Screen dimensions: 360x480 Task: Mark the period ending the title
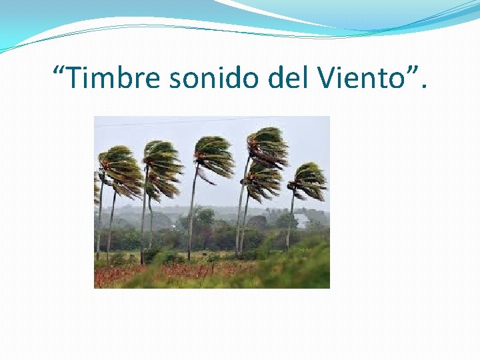(425, 87)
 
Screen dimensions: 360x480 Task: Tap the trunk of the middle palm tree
(193, 213)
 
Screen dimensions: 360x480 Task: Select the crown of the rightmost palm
(309, 180)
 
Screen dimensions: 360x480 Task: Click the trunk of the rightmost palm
(290, 220)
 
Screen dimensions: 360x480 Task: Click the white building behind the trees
(301, 221)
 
